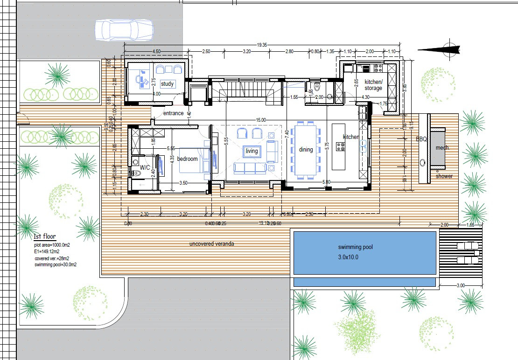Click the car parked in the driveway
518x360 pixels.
pyautogui.click(x=124, y=30)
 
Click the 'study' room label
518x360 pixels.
pyautogui.click(x=167, y=84)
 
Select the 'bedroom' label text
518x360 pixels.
pyautogui.click(x=188, y=159)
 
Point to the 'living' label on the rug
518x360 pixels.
pyautogui.click(x=252, y=151)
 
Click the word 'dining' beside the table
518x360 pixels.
pyautogui.click(x=306, y=150)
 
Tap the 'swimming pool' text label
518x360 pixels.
pyautogui.click(x=356, y=247)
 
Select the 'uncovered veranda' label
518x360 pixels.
pyautogui.click(x=211, y=244)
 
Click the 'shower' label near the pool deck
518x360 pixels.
pyautogui.click(x=444, y=176)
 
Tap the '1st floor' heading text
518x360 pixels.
pyautogui.click(x=45, y=237)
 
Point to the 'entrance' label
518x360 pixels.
pyautogui.click(x=173, y=113)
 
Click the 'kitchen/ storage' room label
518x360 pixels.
pyautogui.click(x=373, y=85)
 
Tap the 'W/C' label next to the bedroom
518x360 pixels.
pyautogui.click(x=145, y=166)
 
